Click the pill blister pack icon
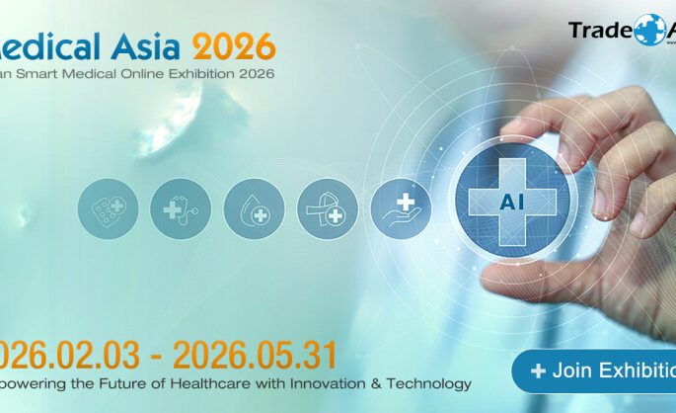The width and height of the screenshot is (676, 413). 108,208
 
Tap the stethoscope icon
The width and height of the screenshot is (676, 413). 181,208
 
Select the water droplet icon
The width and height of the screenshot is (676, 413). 254,208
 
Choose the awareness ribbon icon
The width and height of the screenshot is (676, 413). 327,208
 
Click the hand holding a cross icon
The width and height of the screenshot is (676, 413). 400,208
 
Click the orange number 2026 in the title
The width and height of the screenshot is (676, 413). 234,45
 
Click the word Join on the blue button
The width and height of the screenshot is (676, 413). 572,372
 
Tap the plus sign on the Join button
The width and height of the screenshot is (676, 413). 538,372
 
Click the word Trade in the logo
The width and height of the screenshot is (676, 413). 599,30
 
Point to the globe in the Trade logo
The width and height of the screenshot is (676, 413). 651,29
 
